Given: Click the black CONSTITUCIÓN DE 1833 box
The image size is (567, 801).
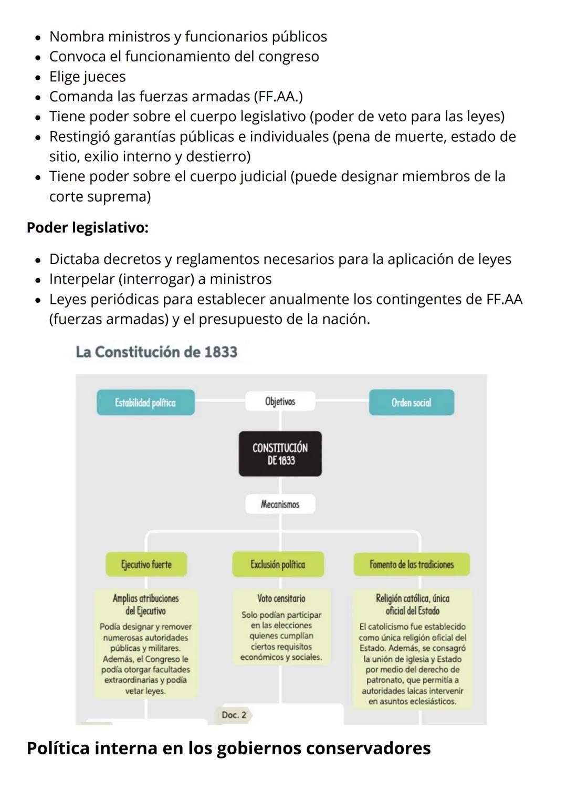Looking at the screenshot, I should coord(280,454).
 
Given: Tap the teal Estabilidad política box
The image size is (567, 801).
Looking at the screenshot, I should coord(145,403).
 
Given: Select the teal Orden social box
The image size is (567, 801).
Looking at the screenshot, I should coord(411,403).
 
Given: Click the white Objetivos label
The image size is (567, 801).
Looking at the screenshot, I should coord(280,402).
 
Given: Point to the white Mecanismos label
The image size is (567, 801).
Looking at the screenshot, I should coord(280,504).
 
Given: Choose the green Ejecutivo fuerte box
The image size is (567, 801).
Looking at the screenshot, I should coord(146,565).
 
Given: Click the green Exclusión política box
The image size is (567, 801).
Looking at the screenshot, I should coord(278,565).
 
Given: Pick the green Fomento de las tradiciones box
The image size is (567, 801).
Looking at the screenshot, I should coord(411,565).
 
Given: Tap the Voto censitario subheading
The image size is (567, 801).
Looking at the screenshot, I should coord(281,598).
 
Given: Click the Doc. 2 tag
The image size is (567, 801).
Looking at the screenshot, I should coord(234,715).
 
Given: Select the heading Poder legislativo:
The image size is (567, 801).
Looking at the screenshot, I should coord(88,228).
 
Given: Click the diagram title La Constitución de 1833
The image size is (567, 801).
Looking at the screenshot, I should coord(156,352).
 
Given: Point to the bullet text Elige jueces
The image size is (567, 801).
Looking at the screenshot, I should coord(88,77).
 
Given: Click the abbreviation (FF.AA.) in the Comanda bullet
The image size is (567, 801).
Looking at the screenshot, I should coord(278,97).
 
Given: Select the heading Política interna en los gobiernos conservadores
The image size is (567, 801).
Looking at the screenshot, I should coord(228,748).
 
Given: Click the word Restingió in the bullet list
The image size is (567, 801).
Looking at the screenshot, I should coord(79,136).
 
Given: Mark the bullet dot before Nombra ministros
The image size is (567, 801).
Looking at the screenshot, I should coord(38,38).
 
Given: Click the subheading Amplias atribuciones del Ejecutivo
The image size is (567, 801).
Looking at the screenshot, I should coord(145,605).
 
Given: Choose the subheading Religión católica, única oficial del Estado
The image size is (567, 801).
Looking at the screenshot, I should coord(412,605).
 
